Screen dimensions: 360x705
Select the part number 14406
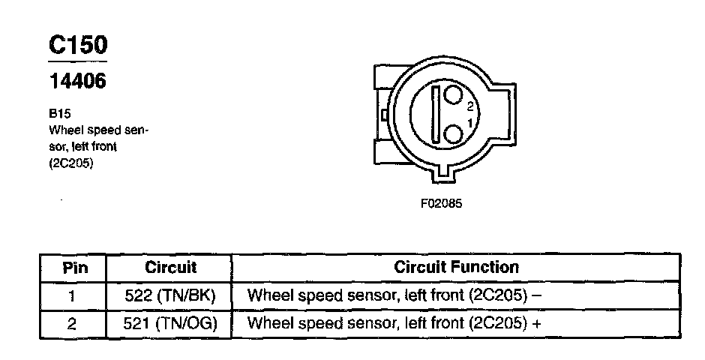(x=76, y=81)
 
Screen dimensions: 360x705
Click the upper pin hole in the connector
(x=453, y=95)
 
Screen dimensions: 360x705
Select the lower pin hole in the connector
(x=453, y=134)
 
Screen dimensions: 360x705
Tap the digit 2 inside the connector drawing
(x=470, y=106)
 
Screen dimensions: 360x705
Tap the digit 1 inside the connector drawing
(x=470, y=122)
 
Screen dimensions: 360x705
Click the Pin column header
(x=73, y=268)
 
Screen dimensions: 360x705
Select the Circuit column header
(x=170, y=268)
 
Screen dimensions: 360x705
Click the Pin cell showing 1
(x=73, y=295)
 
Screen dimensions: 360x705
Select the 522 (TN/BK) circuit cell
(x=170, y=295)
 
